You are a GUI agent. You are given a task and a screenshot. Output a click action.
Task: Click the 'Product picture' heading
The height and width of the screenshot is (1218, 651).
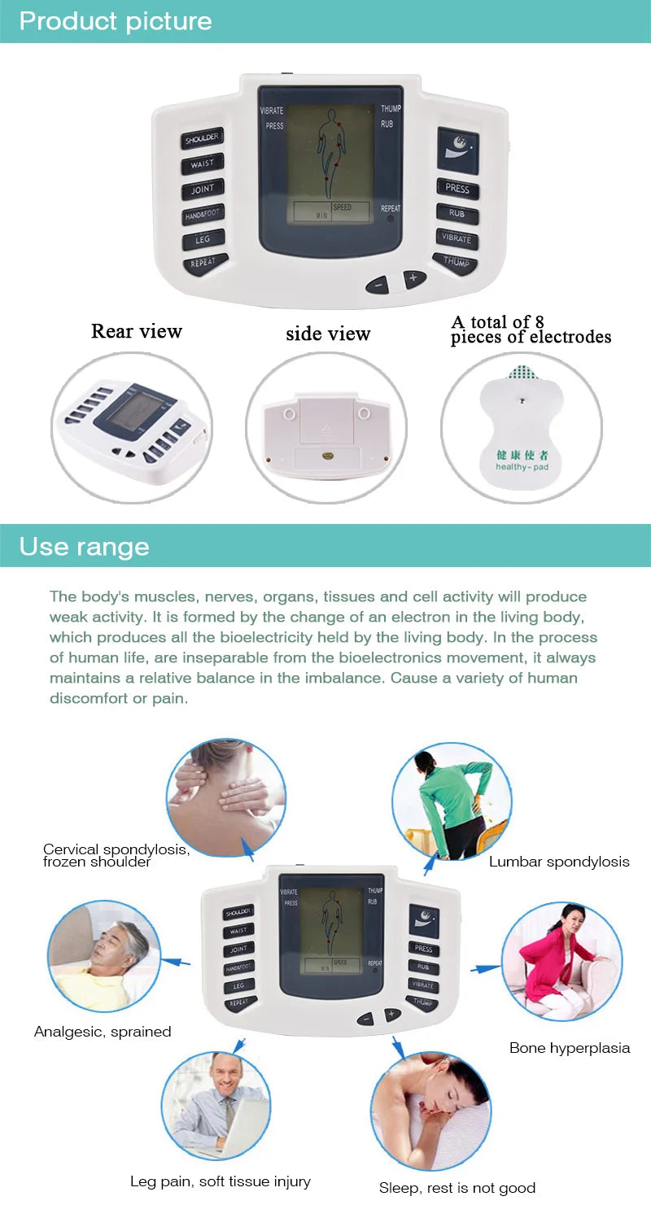[115, 21]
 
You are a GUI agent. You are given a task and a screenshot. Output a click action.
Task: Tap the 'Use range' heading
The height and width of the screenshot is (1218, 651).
[84, 546]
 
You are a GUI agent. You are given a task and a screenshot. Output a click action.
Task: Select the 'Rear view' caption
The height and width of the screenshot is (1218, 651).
[136, 331]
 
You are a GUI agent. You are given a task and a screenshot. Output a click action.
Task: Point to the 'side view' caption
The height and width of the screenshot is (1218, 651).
[328, 334]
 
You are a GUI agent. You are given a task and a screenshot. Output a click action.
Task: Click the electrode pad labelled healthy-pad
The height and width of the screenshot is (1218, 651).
[521, 427]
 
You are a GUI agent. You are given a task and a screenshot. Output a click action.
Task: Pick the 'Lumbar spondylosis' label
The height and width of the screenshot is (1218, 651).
[559, 862]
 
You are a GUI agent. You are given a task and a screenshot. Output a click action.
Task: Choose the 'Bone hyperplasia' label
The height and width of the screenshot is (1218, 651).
[570, 1048]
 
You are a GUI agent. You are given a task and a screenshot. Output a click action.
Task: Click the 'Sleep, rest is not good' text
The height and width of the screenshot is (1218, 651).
[457, 1188]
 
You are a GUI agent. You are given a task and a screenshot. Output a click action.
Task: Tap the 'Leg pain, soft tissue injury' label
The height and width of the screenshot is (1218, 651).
[221, 1181]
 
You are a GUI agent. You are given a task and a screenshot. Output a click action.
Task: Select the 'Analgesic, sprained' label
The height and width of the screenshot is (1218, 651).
[103, 1032]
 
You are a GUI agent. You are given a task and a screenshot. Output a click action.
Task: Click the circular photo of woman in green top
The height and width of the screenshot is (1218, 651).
[451, 801]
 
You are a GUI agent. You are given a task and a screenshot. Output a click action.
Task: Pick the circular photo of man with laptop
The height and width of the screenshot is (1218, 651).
[216, 1104]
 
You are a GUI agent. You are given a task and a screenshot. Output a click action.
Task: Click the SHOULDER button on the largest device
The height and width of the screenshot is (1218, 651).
[201, 139]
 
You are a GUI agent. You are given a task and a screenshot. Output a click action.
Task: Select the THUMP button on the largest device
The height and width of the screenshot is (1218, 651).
[457, 262]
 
